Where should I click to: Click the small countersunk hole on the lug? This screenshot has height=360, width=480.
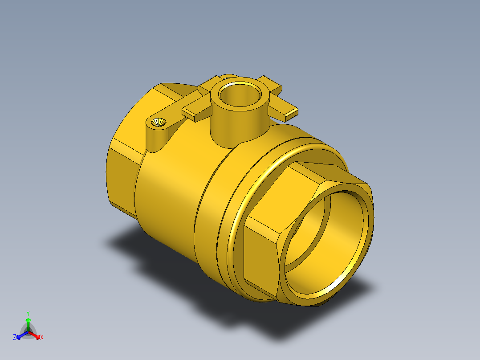click(159, 123)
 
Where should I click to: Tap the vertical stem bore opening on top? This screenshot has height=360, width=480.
click(240, 94)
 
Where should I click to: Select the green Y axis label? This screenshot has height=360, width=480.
click(28, 313)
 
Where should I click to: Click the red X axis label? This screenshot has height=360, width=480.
click(42, 337)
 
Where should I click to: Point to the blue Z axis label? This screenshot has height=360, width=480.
click(14, 337)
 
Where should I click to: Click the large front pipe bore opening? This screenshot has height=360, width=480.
click(325, 242)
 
